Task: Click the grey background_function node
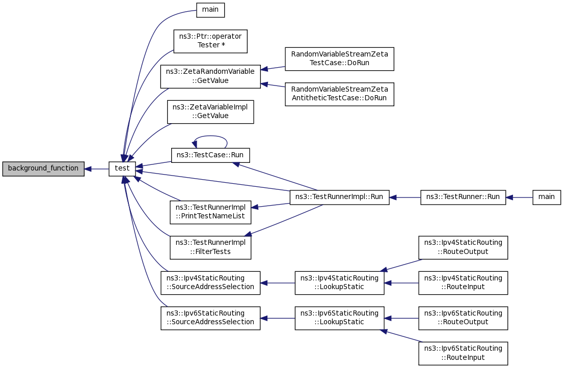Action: (x=43, y=169)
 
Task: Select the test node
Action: (x=122, y=169)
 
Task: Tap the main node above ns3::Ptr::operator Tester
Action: (x=210, y=10)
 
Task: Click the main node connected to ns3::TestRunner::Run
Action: (x=546, y=197)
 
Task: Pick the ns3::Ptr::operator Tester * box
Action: (x=210, y=41)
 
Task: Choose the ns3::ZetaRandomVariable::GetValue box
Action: (x=210, y=76)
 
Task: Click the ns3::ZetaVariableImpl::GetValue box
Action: (x=210, y=112)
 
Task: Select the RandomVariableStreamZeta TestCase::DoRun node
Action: (x=339, y=59)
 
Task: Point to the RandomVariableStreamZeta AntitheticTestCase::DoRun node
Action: (x=339, y=94)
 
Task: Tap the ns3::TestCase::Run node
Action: (x=210, y=155)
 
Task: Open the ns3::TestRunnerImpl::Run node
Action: (x=339, y=197)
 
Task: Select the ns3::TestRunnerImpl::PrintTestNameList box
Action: (x=210, y=212)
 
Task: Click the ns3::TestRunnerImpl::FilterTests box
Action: (x=210, y=247)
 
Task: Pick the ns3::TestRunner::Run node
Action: (x=463, y=197)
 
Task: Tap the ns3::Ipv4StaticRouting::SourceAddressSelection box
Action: (x=210, y=283)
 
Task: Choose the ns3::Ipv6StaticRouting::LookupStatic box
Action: (x=339, y=318)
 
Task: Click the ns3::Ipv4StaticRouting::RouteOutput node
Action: (x=463, y=247)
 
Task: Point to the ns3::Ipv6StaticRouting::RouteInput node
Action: (x=463, y=353)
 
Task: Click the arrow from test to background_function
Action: (x=97, y=169)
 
